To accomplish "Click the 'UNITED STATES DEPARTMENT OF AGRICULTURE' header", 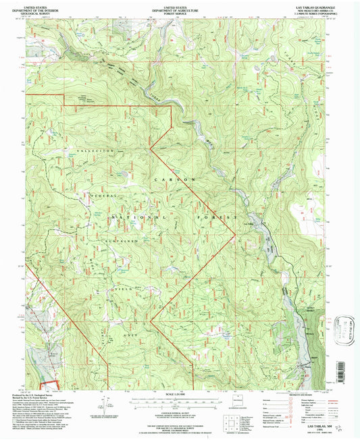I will tap(178, 7).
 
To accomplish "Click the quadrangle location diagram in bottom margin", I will tap(232, 414).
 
